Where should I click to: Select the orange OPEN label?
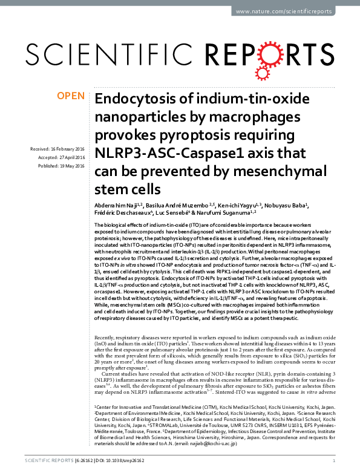[71, 97]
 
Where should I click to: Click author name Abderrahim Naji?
[114, 206]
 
